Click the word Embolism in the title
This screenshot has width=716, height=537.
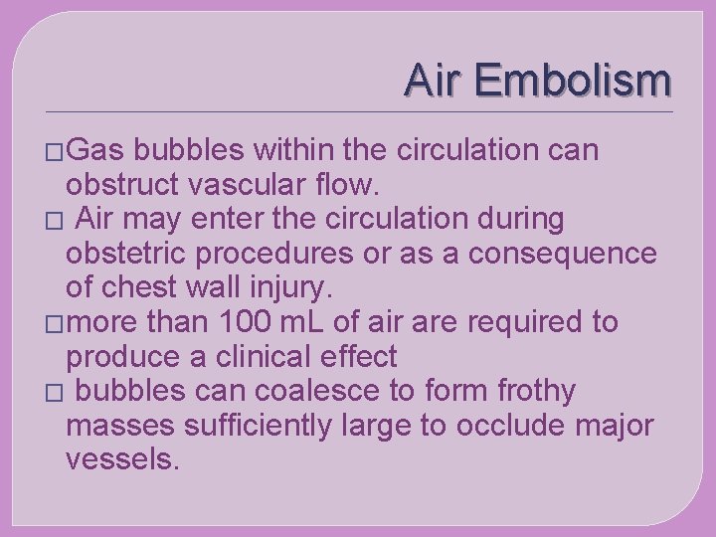[x=573, y=81]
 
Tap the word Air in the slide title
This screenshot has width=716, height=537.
[x=434, y=81]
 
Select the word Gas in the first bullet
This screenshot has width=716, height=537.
[x=96, y=150]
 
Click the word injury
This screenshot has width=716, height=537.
[x=294, y=288]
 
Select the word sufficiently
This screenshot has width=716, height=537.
[x=256, y=426]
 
